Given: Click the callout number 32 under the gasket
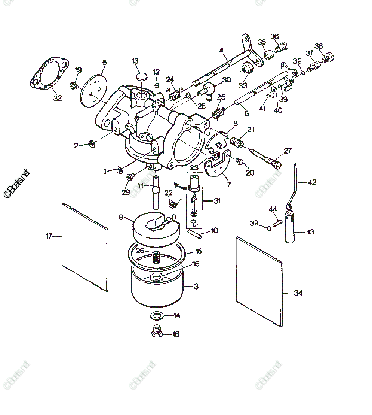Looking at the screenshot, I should (x=57, y=98).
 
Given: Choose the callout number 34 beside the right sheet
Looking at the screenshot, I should (x=298, y=293).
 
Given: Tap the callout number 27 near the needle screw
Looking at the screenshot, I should (x=287, y=151).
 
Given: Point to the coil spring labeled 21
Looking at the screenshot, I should (x=236, y=142).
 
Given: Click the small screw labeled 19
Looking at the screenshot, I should (x=74, y=86).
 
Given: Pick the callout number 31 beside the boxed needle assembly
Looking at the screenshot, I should (x=217, y=201).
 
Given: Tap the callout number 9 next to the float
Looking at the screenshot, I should (x=121, y=217).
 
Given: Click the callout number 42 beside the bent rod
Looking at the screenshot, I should (x=312, y=182).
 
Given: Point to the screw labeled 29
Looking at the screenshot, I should (x=130, y=177).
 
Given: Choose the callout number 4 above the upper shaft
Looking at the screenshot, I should (x=221, y=50).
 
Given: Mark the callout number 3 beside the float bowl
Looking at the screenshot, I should (x=196, y=287).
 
